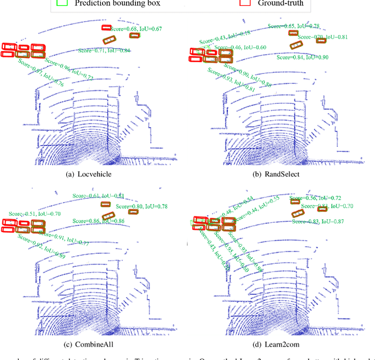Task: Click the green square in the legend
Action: (x=62, y=4)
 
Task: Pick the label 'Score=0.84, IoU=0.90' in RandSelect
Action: (x=302, y=57)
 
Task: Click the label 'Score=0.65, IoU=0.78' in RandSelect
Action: (x=293, y=26)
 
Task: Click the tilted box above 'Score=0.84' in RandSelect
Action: (x=296, y=45)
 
